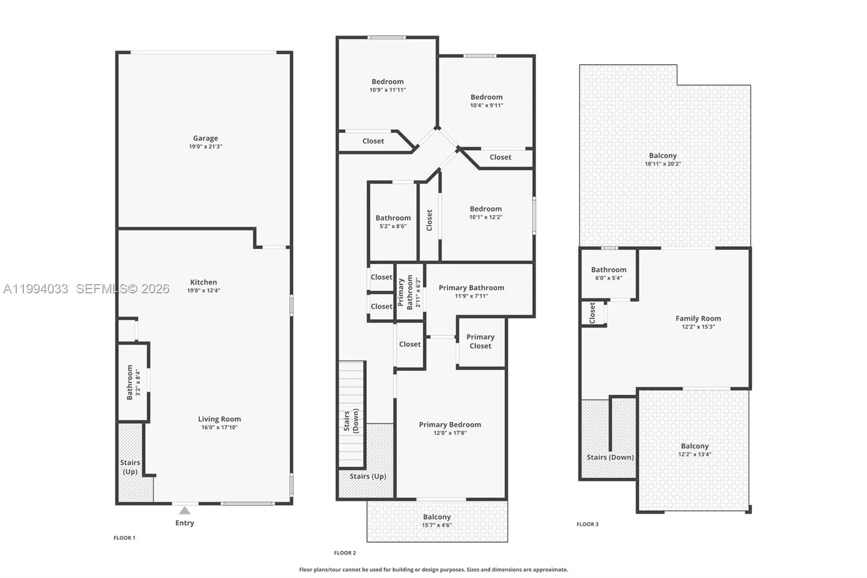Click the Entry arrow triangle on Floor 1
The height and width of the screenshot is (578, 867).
coord(185,511)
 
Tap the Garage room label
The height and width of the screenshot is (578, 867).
coord(205,138)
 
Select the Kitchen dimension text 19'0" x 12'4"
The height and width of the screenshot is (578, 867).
coord(204,291)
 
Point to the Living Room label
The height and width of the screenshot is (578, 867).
coord(219,419)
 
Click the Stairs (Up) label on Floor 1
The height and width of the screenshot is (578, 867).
coord(130,467)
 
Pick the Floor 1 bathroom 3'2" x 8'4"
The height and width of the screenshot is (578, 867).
coord(133,382)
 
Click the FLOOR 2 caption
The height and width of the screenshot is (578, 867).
coord(345,553)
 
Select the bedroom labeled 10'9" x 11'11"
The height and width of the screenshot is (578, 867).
coord(387,86)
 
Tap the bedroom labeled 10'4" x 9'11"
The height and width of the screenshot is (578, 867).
coord(487,101)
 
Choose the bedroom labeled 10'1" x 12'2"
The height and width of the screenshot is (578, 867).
coord(486,213)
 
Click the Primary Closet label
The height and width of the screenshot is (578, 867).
coord(480,341)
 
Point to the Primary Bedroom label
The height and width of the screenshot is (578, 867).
coord(450,425)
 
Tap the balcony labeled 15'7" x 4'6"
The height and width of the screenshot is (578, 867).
coord(437,521)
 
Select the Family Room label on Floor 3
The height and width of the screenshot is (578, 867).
coord(698,319)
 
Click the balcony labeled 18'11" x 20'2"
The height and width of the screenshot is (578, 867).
coord(663,159)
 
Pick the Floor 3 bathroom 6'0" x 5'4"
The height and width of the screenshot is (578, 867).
coord(609,273)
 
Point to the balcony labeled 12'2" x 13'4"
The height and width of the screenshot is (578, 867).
coord(695,450)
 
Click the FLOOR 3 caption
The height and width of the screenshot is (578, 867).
coord(587,524)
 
